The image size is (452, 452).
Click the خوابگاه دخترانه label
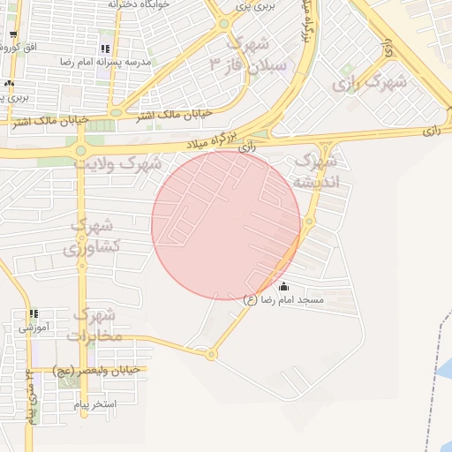tap(139, 4)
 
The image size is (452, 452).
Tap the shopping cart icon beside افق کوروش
tap(13, 36)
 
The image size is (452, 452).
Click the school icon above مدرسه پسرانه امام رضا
tap(106, 49)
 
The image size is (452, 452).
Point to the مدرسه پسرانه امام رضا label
tap(102, 63)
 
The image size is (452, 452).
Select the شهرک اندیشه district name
tap(315, 171)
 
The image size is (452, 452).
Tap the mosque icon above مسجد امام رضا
tap(283, 286)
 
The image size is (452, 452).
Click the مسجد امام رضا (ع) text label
tap(283, 300)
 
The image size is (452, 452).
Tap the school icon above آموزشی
tap(34, 313)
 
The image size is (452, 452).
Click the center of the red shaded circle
tap(226, 224)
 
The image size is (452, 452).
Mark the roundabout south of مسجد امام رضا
tap(211, 355)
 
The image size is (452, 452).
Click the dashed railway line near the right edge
tap(438, 353)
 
